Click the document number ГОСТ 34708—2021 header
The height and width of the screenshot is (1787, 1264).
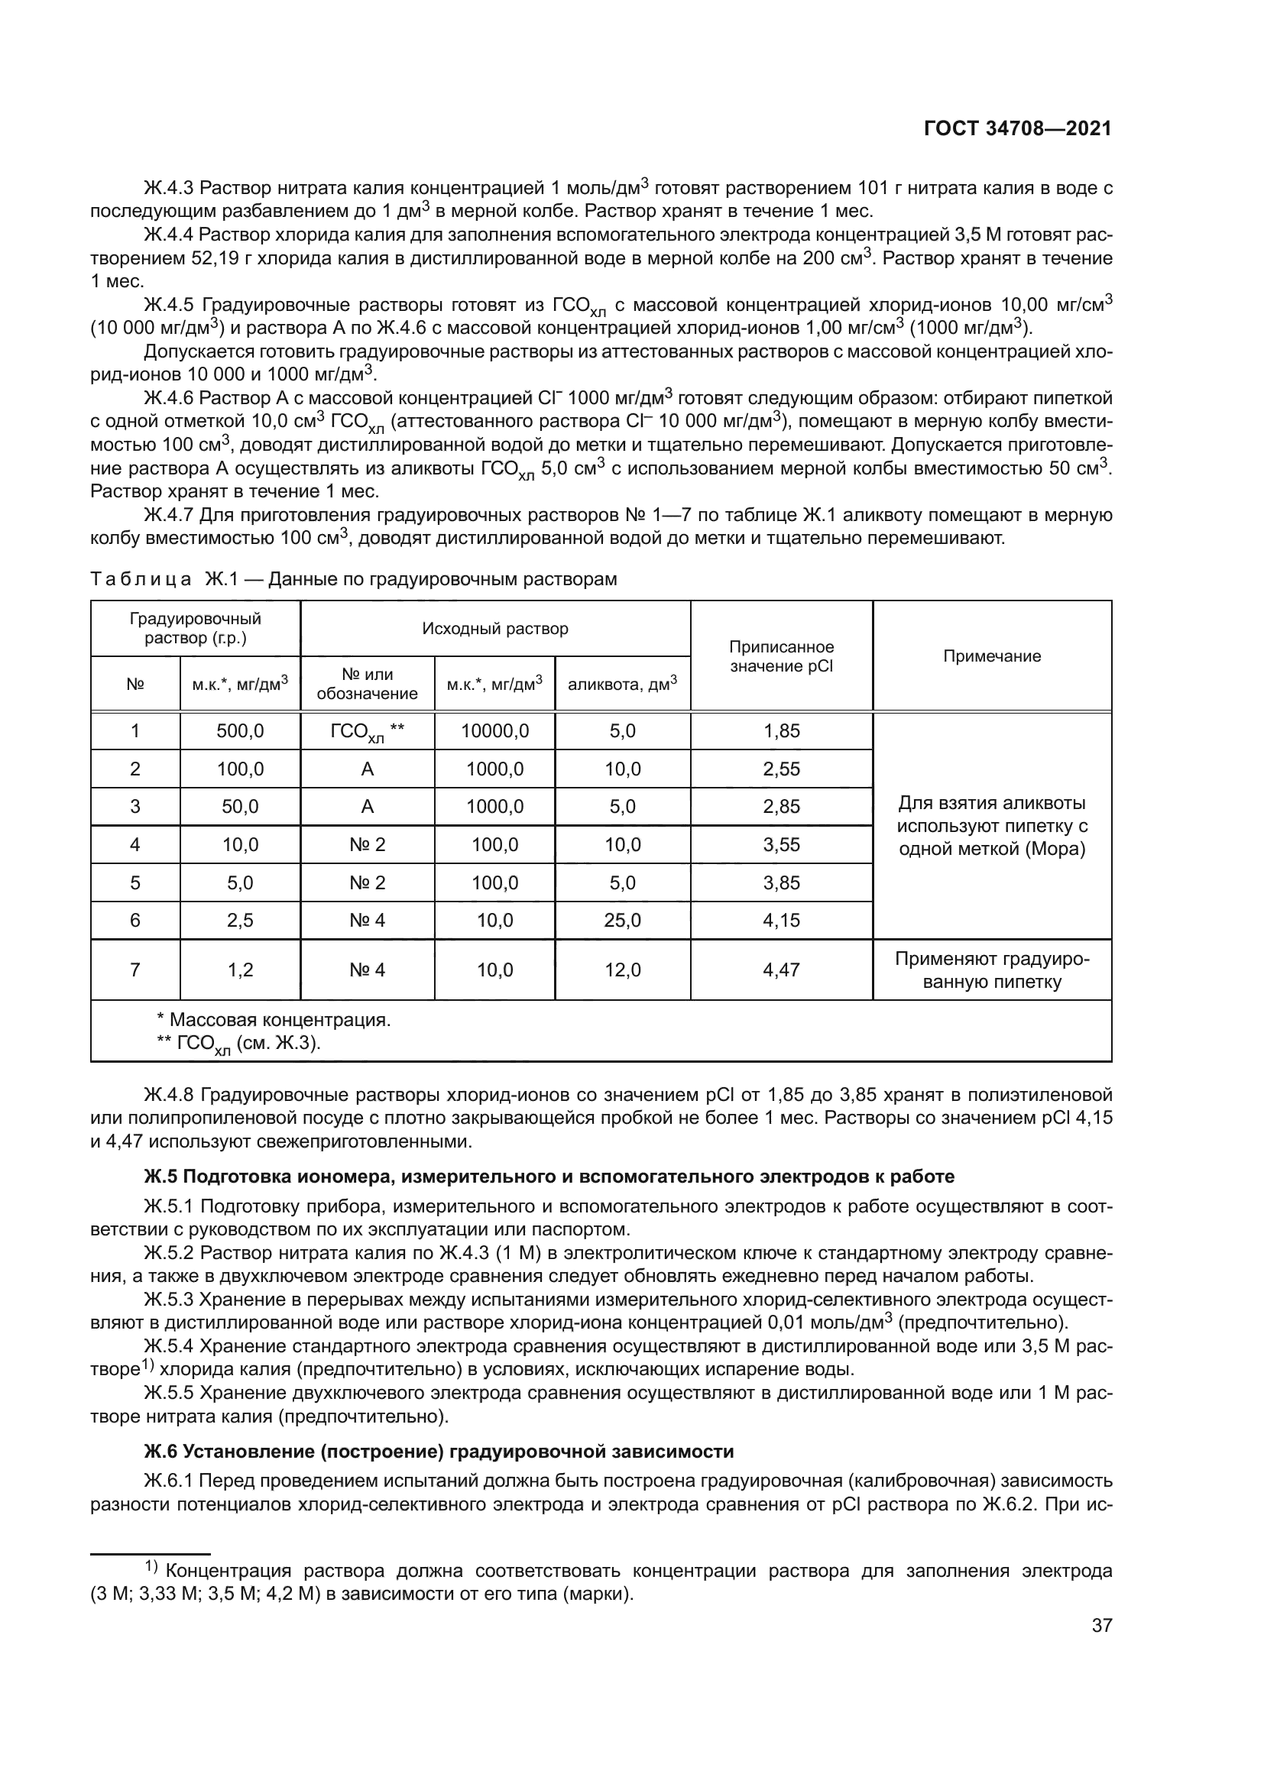coord(1017,129)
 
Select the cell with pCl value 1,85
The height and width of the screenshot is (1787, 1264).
coord(781,731)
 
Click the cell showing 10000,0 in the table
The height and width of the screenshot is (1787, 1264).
coord(494,731)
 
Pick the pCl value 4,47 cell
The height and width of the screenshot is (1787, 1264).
coord(781,970)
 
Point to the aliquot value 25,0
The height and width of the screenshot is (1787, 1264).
coord(622,921)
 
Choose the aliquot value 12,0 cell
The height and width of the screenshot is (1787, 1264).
coord(622,970)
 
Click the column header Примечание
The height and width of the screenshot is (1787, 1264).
coord(992,656)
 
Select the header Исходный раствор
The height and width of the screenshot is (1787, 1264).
coord(495,628)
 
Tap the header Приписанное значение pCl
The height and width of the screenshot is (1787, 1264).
coord(781,656)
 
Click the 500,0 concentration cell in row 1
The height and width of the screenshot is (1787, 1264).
coord(240,731)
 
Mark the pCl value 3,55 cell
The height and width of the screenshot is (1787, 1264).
coord(781,844)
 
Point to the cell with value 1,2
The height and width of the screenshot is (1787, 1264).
coord(240,970)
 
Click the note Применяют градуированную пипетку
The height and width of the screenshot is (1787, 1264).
coord(992,970)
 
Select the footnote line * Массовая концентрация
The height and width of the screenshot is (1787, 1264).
coord(274,1020)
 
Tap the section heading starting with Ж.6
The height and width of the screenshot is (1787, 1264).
coord(438,1452)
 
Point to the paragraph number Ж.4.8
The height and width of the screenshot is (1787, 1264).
coord(169,1096)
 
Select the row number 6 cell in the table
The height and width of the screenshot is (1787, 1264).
coord(135,921)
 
